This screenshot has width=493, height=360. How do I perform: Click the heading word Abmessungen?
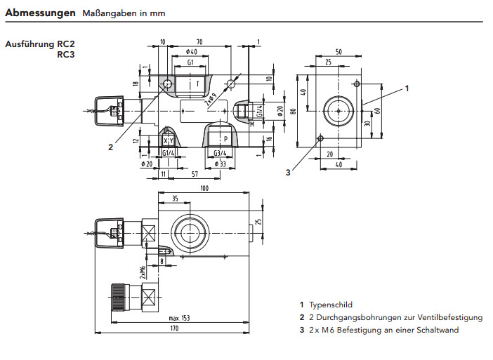40,13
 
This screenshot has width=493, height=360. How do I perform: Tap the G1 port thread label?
190,62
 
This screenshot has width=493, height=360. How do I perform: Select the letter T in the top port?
197,84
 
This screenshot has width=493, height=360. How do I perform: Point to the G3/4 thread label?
219,153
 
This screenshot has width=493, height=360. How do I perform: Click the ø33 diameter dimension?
219,164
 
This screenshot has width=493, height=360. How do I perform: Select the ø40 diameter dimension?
191,52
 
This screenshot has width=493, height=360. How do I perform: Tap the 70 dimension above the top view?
199,42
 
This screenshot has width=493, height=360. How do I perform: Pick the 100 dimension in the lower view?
204,189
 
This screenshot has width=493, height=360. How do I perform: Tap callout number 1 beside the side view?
407,88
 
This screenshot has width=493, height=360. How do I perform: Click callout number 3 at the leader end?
287,172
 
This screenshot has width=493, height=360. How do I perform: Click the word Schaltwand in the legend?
436,329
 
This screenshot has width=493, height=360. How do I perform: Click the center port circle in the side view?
338,111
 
